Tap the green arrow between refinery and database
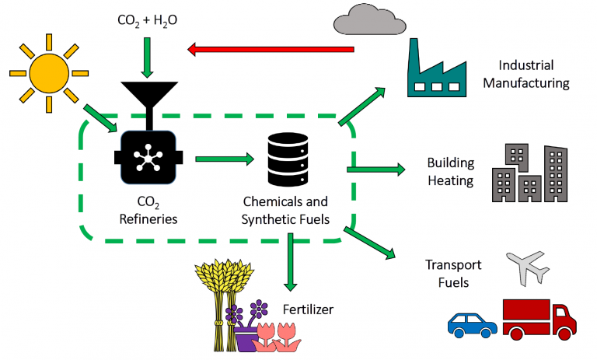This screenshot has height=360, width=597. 225,159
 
